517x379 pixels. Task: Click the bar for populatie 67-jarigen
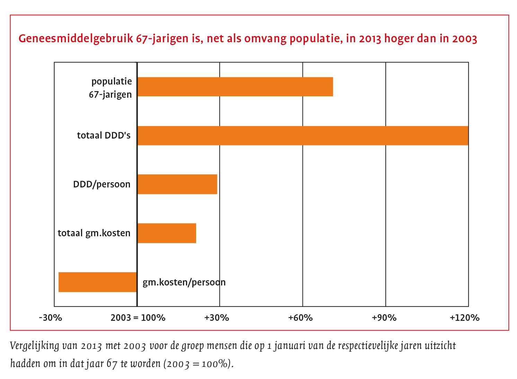click(235, 87)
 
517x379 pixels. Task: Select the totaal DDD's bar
click(303, 135)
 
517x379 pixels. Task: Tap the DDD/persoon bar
click(177, 184)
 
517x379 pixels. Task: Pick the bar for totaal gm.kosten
click(167, 233)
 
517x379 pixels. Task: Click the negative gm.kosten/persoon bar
click(97, 282)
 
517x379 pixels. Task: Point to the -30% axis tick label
click(51, 318)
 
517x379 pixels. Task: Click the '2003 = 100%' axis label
click(138, 318)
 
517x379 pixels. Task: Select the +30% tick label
click(217, 318)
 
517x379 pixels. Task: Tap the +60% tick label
click(300, 318)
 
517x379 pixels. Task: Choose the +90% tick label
click(384, 318)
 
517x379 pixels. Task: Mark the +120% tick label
click(465, 318)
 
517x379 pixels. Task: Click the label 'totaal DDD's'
click(104, 135)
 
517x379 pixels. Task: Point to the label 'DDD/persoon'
click(102, 184)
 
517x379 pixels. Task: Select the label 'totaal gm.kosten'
click(94, 233)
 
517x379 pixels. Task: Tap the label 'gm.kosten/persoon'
click(184, 282)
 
